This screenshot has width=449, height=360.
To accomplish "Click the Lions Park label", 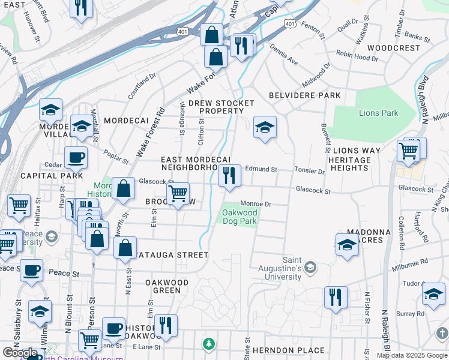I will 378,113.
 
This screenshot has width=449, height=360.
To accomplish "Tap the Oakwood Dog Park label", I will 240,217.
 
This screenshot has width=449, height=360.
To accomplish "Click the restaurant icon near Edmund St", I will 229,176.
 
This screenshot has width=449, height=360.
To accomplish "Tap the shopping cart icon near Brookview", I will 178,194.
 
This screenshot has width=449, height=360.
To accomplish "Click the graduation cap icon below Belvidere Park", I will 265,127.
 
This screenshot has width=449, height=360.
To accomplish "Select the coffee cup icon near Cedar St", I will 76,158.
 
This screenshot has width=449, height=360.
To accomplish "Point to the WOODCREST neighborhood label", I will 394,47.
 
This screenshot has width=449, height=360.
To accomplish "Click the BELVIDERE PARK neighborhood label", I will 304,95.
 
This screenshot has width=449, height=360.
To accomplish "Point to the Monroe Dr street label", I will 256,204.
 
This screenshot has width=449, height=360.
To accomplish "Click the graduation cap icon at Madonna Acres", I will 347,245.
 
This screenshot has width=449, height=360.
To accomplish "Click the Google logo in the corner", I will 20,352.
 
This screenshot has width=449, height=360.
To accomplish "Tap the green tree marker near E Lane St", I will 208,344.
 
